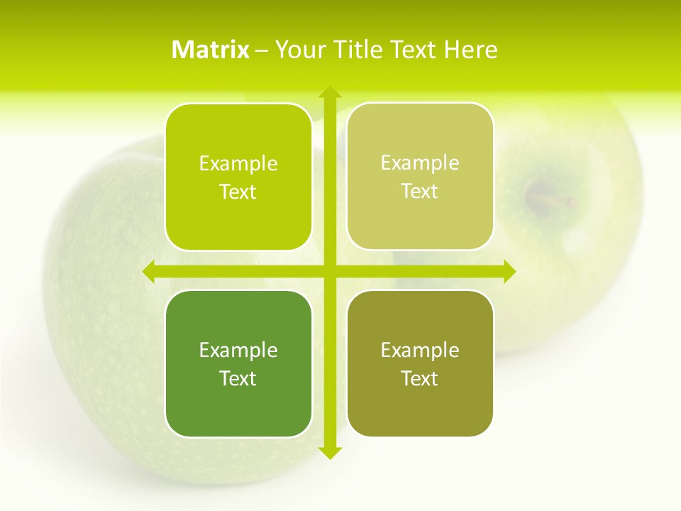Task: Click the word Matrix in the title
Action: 210,50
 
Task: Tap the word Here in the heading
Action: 470,50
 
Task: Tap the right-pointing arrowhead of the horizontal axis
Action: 509,272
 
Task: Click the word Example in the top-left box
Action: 238,164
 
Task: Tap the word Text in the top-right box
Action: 420,192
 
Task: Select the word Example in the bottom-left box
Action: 238,351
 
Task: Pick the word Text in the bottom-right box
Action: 420,379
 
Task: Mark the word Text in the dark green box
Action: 238,379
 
